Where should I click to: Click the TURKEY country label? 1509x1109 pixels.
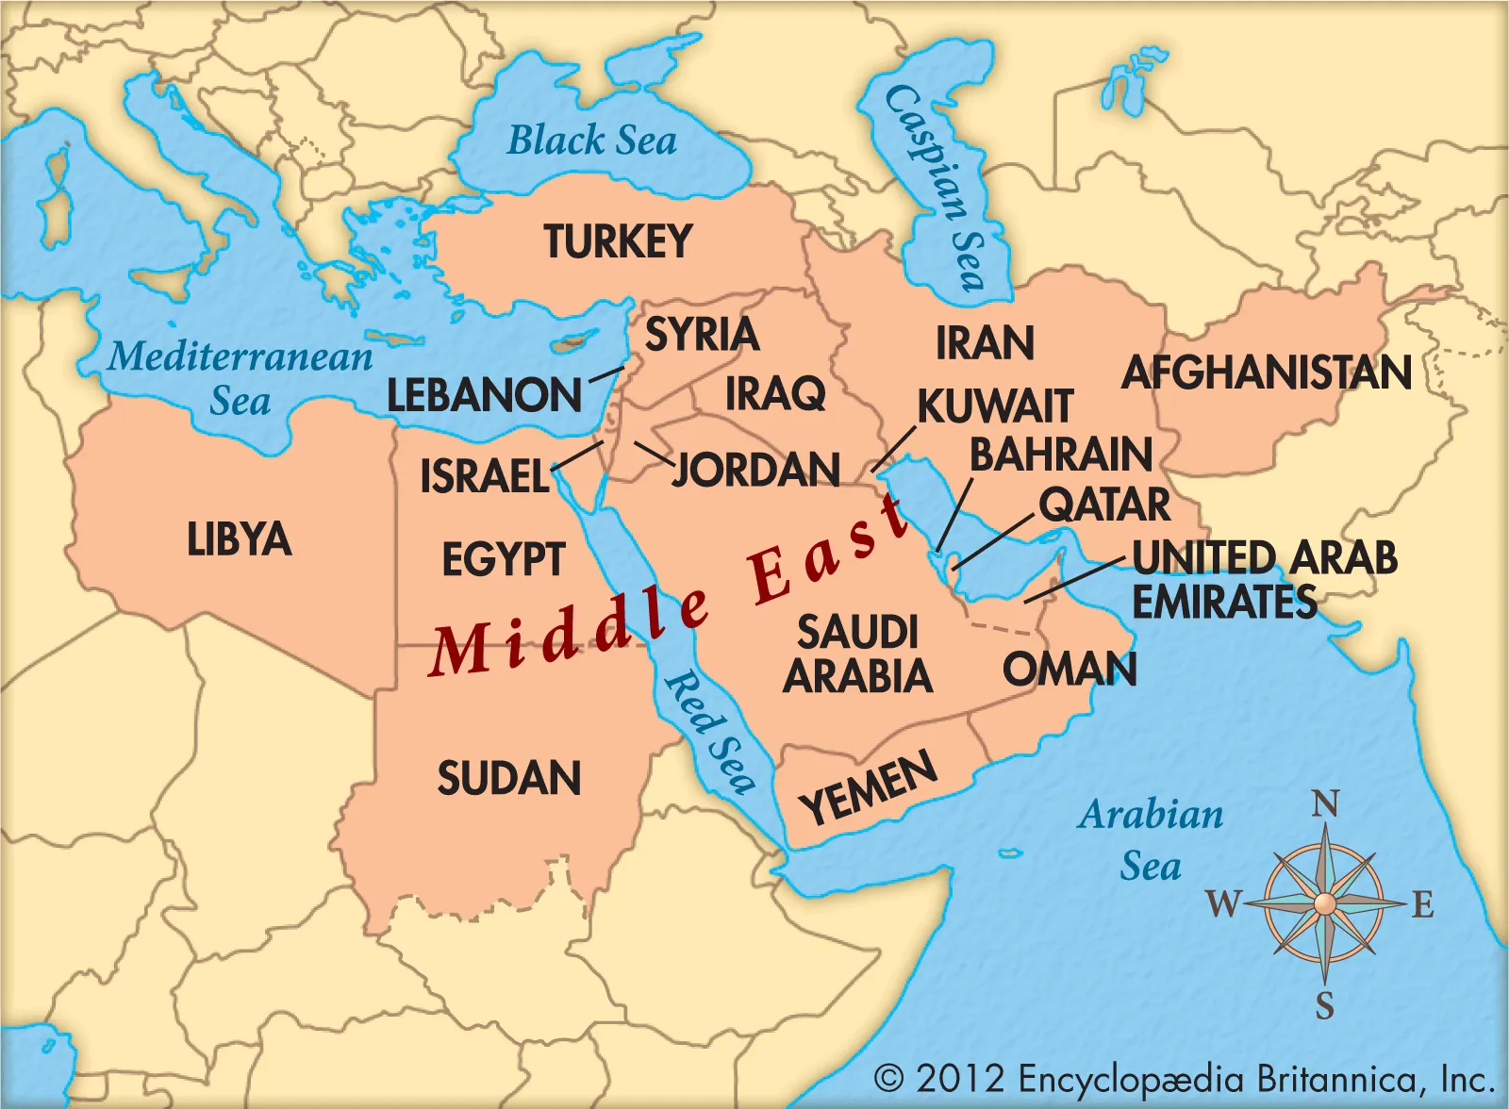(618, 242)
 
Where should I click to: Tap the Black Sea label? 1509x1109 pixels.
(592, 141)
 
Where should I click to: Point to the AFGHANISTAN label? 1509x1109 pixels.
(1266, 372)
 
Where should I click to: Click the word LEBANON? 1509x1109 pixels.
(484, 395)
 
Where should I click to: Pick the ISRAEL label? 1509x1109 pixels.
(484, 476)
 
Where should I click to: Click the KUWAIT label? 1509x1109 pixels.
(995, 407)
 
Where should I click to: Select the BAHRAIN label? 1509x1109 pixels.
(1061, 455)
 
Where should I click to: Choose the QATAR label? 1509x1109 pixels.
(1104, 505)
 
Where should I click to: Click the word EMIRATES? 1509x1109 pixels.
(1224, 602)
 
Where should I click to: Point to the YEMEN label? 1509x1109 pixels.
(869, 788)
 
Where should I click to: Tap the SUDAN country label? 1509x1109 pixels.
(509, 779)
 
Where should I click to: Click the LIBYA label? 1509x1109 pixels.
(239, 539)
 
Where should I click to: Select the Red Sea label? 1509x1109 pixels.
(710, 731)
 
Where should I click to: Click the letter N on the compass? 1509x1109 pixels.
(1325, 804)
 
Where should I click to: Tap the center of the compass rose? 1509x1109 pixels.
(1325, 903)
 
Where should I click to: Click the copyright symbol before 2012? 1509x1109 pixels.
(888, 1078)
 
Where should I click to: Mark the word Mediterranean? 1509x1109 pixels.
(240, 357)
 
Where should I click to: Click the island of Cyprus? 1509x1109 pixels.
(576, 342)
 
